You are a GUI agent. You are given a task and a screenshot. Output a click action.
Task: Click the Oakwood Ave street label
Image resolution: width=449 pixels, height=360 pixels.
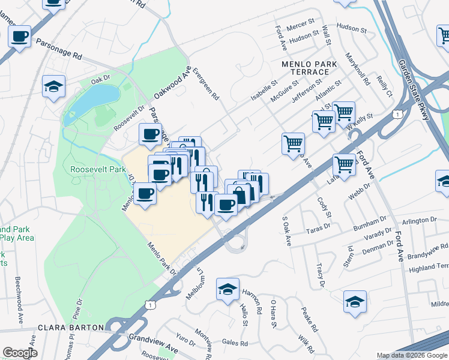coord(172,83)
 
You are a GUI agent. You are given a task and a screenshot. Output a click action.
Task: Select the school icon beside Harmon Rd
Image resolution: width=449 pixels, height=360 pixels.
coord(228,289)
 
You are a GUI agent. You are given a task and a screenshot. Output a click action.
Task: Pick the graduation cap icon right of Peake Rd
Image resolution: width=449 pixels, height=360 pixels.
coord(355,301)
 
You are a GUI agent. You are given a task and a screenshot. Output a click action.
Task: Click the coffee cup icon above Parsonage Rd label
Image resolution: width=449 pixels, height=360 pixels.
coord(20,37)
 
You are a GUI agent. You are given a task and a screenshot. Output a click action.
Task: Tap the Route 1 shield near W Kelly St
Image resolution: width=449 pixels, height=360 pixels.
coord(397,113)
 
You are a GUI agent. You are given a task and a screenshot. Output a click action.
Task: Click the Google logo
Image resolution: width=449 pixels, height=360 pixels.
coord(20,353)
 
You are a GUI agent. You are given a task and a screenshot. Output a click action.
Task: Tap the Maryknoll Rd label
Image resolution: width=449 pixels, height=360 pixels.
coord(358,67)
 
